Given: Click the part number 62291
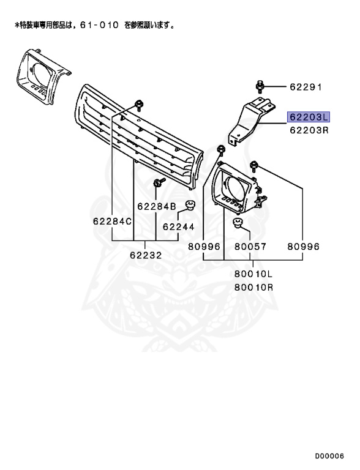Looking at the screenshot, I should point(306,88).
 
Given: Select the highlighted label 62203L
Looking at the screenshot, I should point(309,117).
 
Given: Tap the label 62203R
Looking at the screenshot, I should point(309,130).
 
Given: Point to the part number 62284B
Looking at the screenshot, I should point(157,207).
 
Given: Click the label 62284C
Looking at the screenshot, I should point(112,221).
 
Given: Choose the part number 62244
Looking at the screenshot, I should point(178,226).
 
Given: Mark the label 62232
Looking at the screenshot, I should point(146,255).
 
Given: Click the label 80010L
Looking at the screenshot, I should point(253,275).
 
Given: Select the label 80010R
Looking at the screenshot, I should point(253,286).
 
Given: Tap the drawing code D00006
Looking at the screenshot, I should point(330,457).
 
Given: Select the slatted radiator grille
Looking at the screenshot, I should point(138,138).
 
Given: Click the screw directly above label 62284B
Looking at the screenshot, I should point(158,182).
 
